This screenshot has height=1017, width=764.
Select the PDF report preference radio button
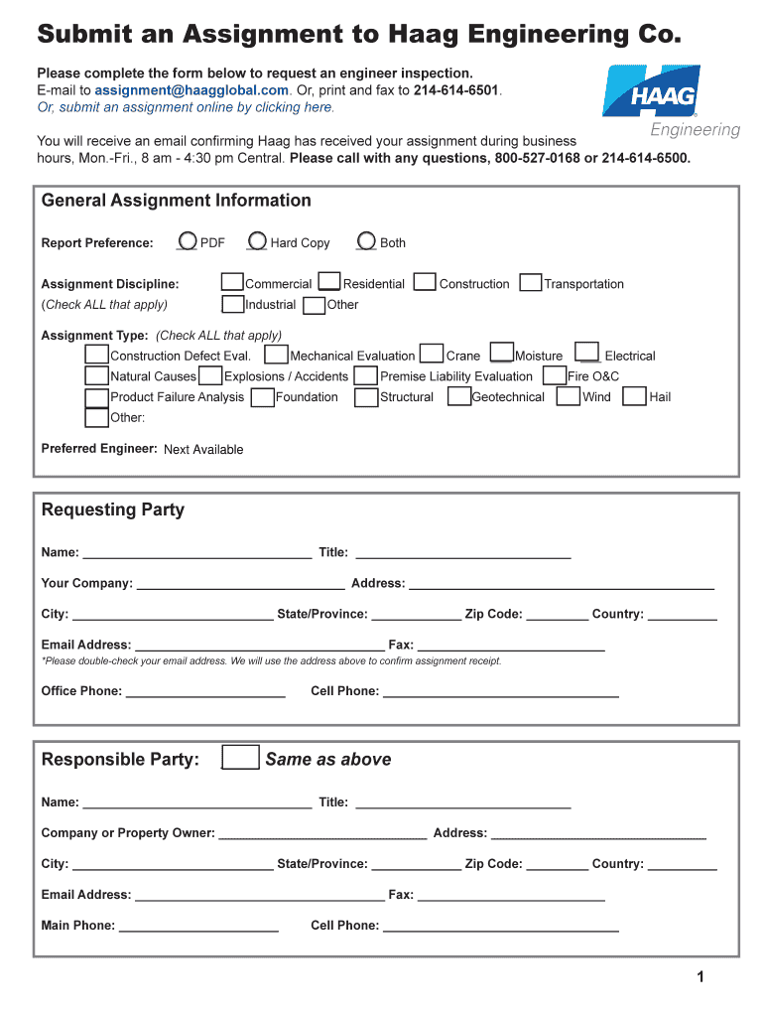187,241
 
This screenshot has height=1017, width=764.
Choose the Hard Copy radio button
257,241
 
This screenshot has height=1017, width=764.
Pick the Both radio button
366,241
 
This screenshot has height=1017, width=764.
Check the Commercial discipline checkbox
232,283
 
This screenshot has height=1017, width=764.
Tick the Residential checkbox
330,283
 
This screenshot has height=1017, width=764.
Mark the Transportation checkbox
531,283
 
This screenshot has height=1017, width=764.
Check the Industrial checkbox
232,304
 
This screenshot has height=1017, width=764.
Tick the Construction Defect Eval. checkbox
96,355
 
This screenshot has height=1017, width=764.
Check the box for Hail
634,396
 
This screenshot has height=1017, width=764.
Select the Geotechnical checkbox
458,396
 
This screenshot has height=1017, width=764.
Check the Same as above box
240,758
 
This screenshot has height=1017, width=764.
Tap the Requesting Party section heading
113,509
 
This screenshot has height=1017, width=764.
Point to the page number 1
700,977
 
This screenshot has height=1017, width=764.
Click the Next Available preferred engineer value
203,449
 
